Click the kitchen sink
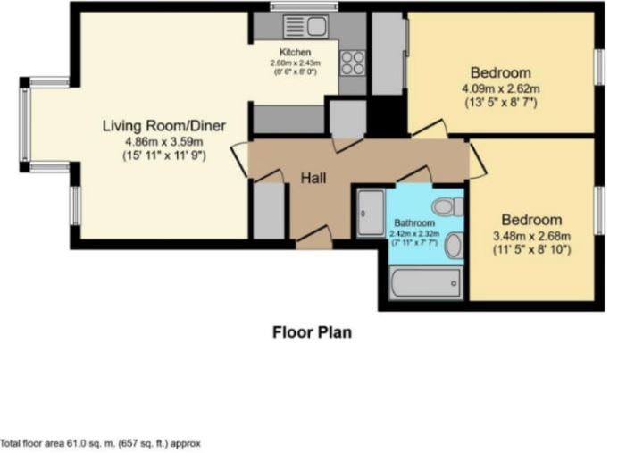click(305, 26)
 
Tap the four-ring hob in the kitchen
click(353, 63)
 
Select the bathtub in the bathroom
click(426, 282)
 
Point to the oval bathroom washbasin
click(455, 245)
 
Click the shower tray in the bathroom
click(371, 214)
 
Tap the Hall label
click(313, 178)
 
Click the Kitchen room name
click(296, 52)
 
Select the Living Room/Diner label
click(164, 126)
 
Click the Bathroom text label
click(414, 223)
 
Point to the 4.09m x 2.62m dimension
click(500, 88)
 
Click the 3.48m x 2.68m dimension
click(531, 236)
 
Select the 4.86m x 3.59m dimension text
click(164, 141)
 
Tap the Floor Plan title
click(313, 332)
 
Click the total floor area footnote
click(100, 443)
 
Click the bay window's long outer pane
click(25, 124)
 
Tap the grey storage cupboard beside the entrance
click(269, 211)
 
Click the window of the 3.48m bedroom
click(599, 211)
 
